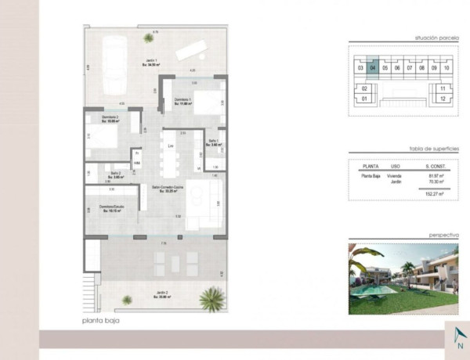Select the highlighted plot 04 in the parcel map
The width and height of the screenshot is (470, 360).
[x=373, y=68]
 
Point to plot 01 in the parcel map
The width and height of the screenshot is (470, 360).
[x=364, y=99]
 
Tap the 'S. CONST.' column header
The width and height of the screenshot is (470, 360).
[x=436, y=166]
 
